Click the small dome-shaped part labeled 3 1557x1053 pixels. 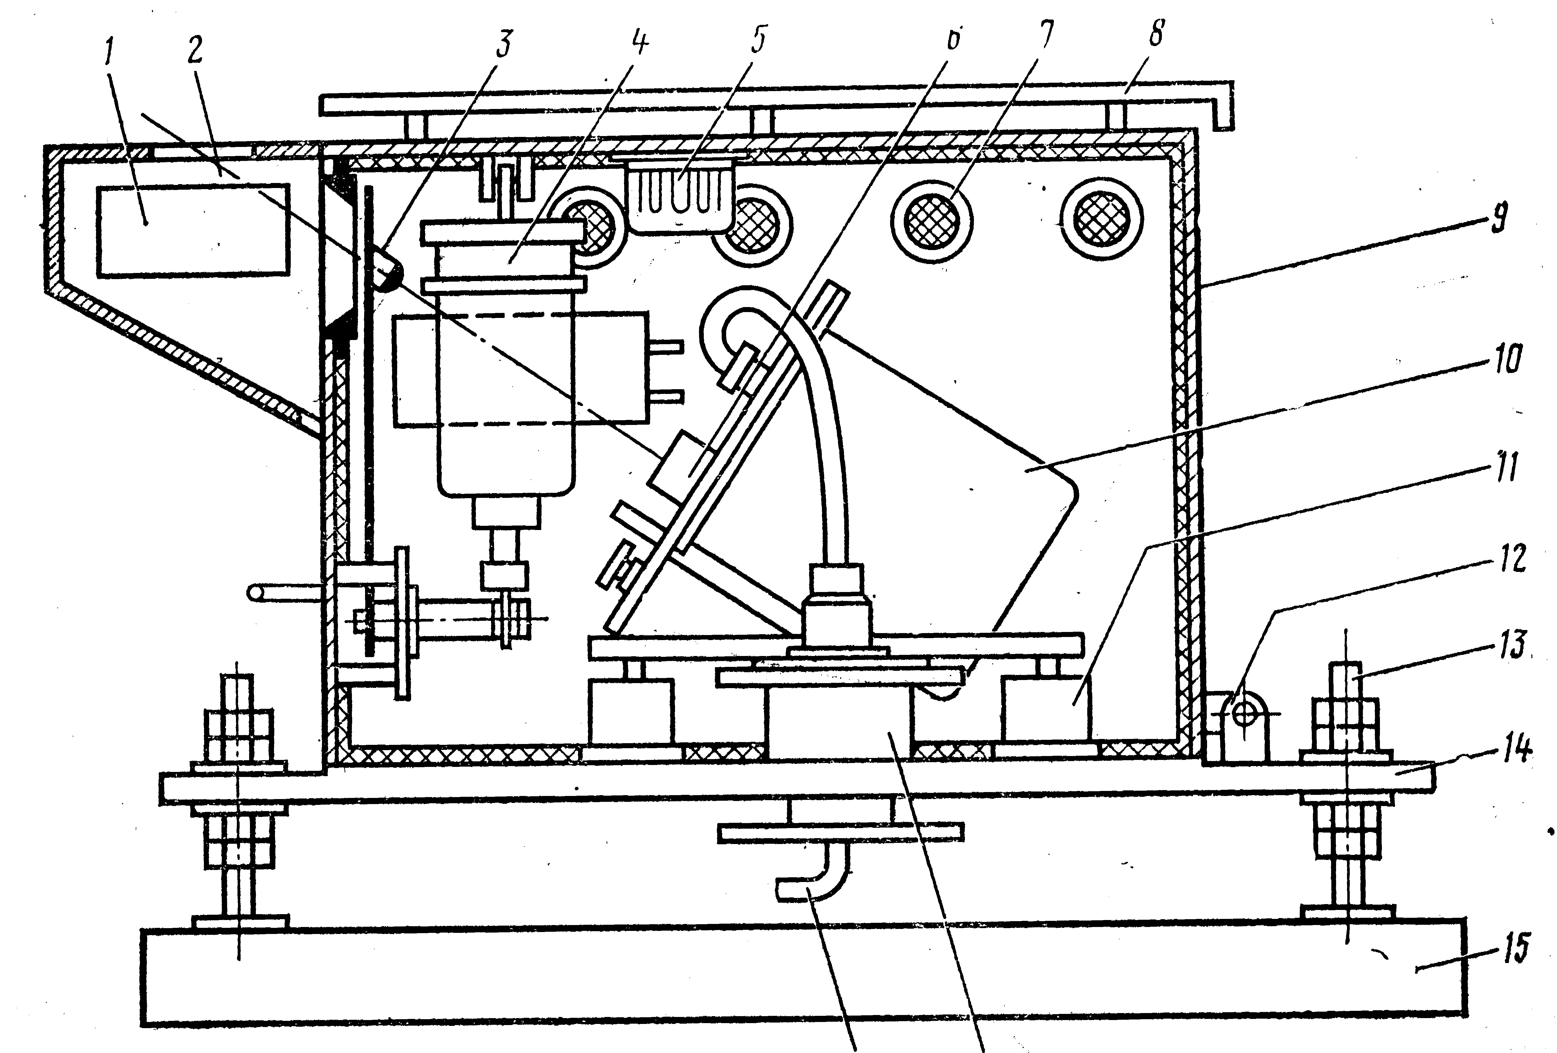385,269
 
